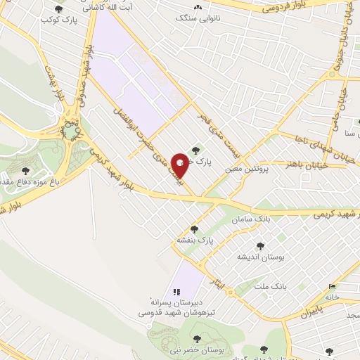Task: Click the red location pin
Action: pos(181,165)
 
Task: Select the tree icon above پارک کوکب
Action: pos(58,10)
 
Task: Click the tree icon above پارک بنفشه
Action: pos(194,229)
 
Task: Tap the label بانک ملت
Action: pos(271,287)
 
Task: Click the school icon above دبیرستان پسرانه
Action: pos(176,291)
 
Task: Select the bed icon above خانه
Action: pos(332,285)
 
